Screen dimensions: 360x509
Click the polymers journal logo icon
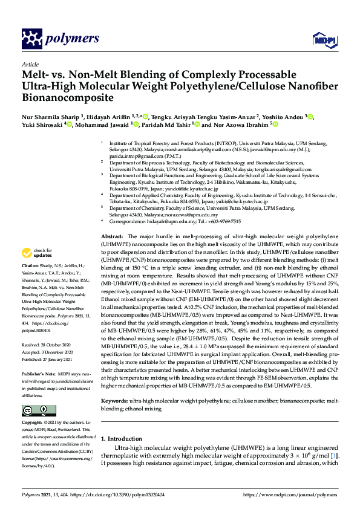coord(31,39)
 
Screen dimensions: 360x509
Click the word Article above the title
coord(30,64)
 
